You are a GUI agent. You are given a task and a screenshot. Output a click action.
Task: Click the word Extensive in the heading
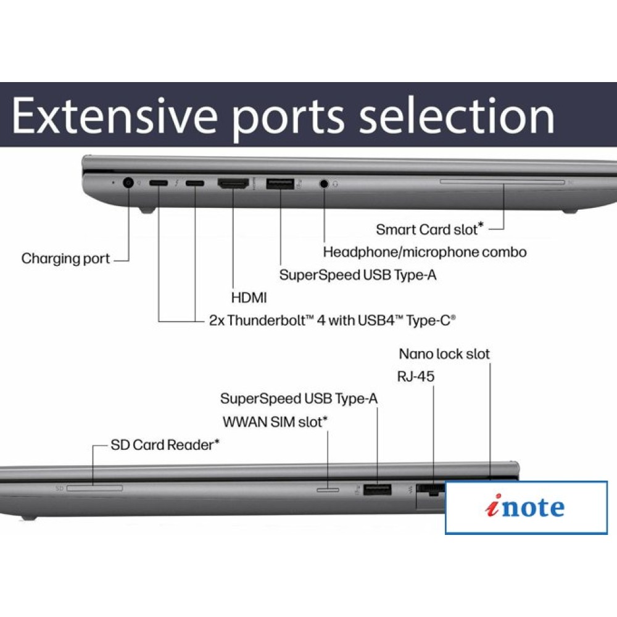click(x=114, y=115)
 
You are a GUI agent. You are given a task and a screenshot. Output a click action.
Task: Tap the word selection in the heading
click(x=457, y=115)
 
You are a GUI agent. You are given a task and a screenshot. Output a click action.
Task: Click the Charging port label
click(x=65, y=259)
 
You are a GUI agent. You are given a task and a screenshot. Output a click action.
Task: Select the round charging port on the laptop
click(x=129, y=183)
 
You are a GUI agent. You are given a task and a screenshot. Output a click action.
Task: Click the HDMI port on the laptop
click(x=233, y=183)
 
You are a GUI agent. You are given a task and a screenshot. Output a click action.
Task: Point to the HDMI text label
click(x=249, y=297)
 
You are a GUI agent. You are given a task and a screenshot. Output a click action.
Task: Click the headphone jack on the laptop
click(x=324, y=183)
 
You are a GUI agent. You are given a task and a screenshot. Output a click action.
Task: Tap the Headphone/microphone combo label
click(x=424, y=252)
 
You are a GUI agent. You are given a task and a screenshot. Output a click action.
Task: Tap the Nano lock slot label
click(x=444, y=354)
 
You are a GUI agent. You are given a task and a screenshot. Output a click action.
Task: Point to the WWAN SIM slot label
click(x=274, y=422)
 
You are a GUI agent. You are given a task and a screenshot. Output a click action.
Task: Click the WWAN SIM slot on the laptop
click(x=328, y=489)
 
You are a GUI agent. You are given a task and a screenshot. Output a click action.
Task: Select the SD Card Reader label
click(x=165, y=444)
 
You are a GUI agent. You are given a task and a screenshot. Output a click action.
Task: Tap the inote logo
click(x=526, y=507)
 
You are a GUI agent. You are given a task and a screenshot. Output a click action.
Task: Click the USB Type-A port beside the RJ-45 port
click(x=377, y=490)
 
